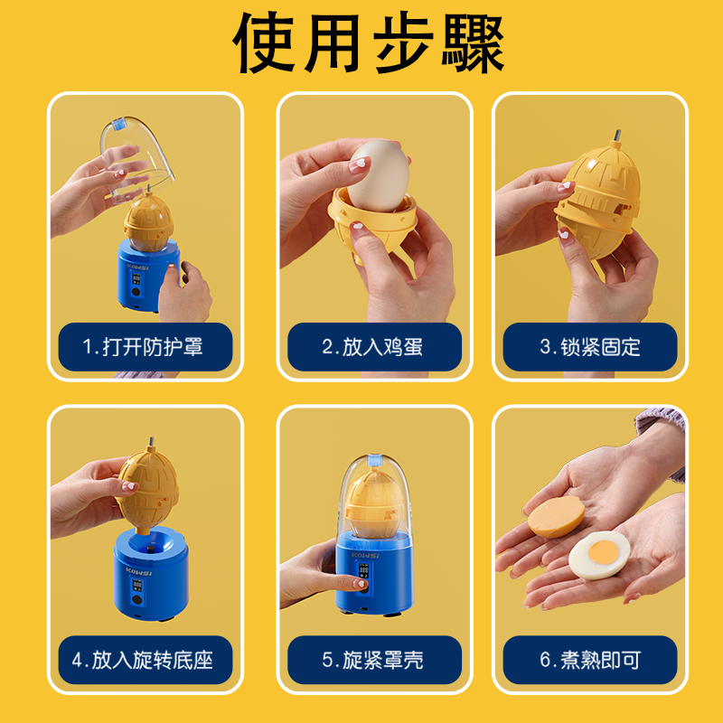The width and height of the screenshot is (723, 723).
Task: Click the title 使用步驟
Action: click(368, 42)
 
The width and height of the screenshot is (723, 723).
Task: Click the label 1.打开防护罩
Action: click(143, 347)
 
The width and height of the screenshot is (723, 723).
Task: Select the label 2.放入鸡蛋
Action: click(372, 347)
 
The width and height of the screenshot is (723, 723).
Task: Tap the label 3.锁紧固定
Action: click(590, 347)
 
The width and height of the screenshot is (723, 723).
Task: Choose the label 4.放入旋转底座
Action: click(143, 660)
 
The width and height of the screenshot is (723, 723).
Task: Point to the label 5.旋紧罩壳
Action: click(372, 660)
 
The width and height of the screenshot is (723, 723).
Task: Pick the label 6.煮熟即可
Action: click(590, 660)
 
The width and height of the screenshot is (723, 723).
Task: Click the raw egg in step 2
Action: click(378, 175)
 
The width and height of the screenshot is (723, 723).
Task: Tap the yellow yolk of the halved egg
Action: click(603, 550)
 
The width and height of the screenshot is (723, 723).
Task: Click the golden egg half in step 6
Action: click(556, 516)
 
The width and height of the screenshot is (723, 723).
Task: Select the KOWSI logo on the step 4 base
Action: click(138, 572)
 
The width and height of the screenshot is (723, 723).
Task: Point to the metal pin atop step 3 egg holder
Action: click(616, 136)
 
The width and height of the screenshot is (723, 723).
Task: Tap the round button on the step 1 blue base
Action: click(136, 292)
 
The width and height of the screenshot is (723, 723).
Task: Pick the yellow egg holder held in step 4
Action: click(147, 490)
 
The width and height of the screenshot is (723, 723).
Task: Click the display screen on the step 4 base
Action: click(137, 585)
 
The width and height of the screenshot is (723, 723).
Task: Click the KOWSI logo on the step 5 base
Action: click(365, 555)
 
